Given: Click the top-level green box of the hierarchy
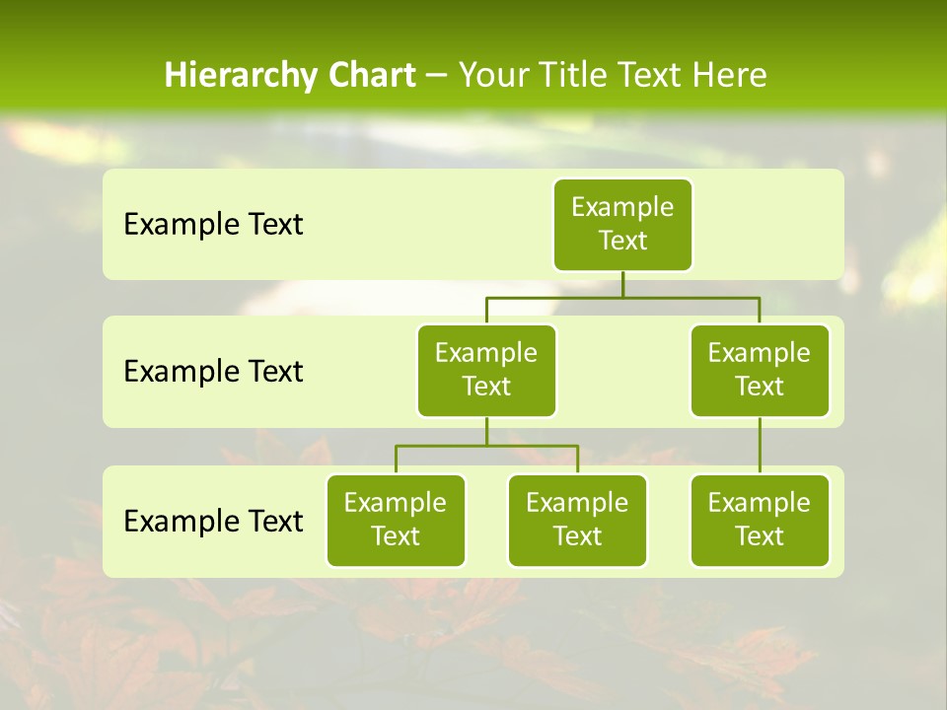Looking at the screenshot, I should (622, 224).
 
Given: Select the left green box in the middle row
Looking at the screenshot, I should (486, 370).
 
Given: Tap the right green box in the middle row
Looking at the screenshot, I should (760, 370).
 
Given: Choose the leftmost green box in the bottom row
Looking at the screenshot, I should (396, 520).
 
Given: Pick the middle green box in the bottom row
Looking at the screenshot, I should (577, 520).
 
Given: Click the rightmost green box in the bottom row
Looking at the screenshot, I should (760, 520).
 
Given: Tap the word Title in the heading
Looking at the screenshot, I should (576, 76).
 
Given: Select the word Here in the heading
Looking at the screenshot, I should (729, 76).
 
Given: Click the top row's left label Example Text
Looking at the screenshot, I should (213, 225).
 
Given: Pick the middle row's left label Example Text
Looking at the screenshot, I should (213, 372).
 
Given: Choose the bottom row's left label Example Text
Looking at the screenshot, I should (213, 521).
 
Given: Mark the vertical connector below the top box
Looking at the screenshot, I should (622, 284).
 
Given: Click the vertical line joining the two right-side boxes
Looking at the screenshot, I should (760, 446).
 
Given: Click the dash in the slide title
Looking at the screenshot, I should (437, 76).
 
